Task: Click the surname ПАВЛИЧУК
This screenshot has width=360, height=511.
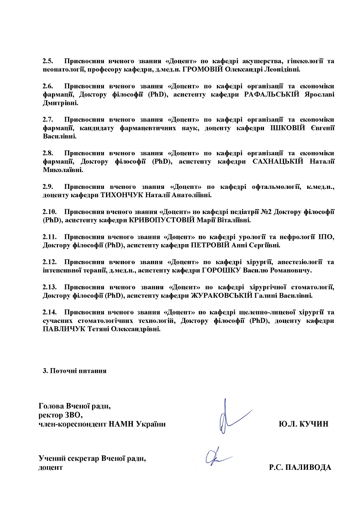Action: [64, 329]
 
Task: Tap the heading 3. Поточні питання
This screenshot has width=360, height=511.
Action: [74, 371]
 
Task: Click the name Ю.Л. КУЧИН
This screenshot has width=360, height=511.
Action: [304, 423]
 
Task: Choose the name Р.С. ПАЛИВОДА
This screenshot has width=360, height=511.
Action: [300, 467]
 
